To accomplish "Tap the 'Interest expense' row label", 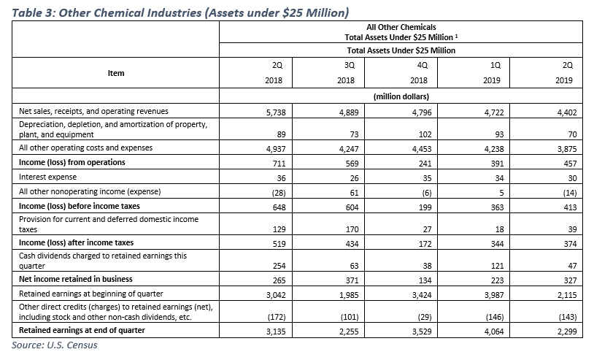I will tap(47, 177).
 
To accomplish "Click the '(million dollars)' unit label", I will tap(401, 96).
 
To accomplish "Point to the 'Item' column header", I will tap(116, 73).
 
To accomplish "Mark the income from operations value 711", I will tap(278, 162).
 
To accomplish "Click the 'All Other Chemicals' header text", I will tap(401, 28).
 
